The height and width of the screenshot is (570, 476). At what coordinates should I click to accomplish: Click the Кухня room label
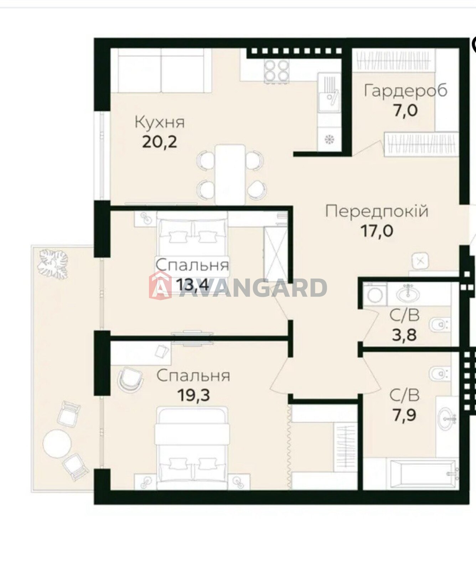pyautogui.click(x=160, y=122)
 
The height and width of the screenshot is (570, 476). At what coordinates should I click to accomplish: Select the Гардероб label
pyautogui.click(x=405, y=90)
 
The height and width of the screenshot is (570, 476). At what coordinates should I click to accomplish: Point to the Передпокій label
pyautogui.click(x=377, y=211)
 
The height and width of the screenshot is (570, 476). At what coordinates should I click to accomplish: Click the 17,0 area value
pyautogui.click(x=377, y=231)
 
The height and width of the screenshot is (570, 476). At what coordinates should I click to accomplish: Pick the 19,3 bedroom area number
pyautogui.click(x=193, y=395)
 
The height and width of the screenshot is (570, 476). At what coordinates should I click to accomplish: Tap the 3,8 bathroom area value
pyautogui.click(x=404, y=335)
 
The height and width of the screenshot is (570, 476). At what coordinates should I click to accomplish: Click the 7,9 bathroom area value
pyautogui.click(x=404, y=415)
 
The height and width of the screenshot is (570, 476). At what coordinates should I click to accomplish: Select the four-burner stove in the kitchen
pyautogui.click(x=276, y=70)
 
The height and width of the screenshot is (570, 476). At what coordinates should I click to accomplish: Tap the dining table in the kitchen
pyautogui.click(x=230, y=175)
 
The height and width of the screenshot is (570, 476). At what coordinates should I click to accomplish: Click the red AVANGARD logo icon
pyautogui.click(x=160, y=285)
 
